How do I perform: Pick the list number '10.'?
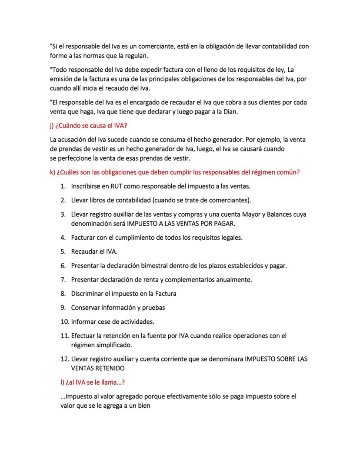64,322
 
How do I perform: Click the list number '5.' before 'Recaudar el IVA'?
63,251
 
